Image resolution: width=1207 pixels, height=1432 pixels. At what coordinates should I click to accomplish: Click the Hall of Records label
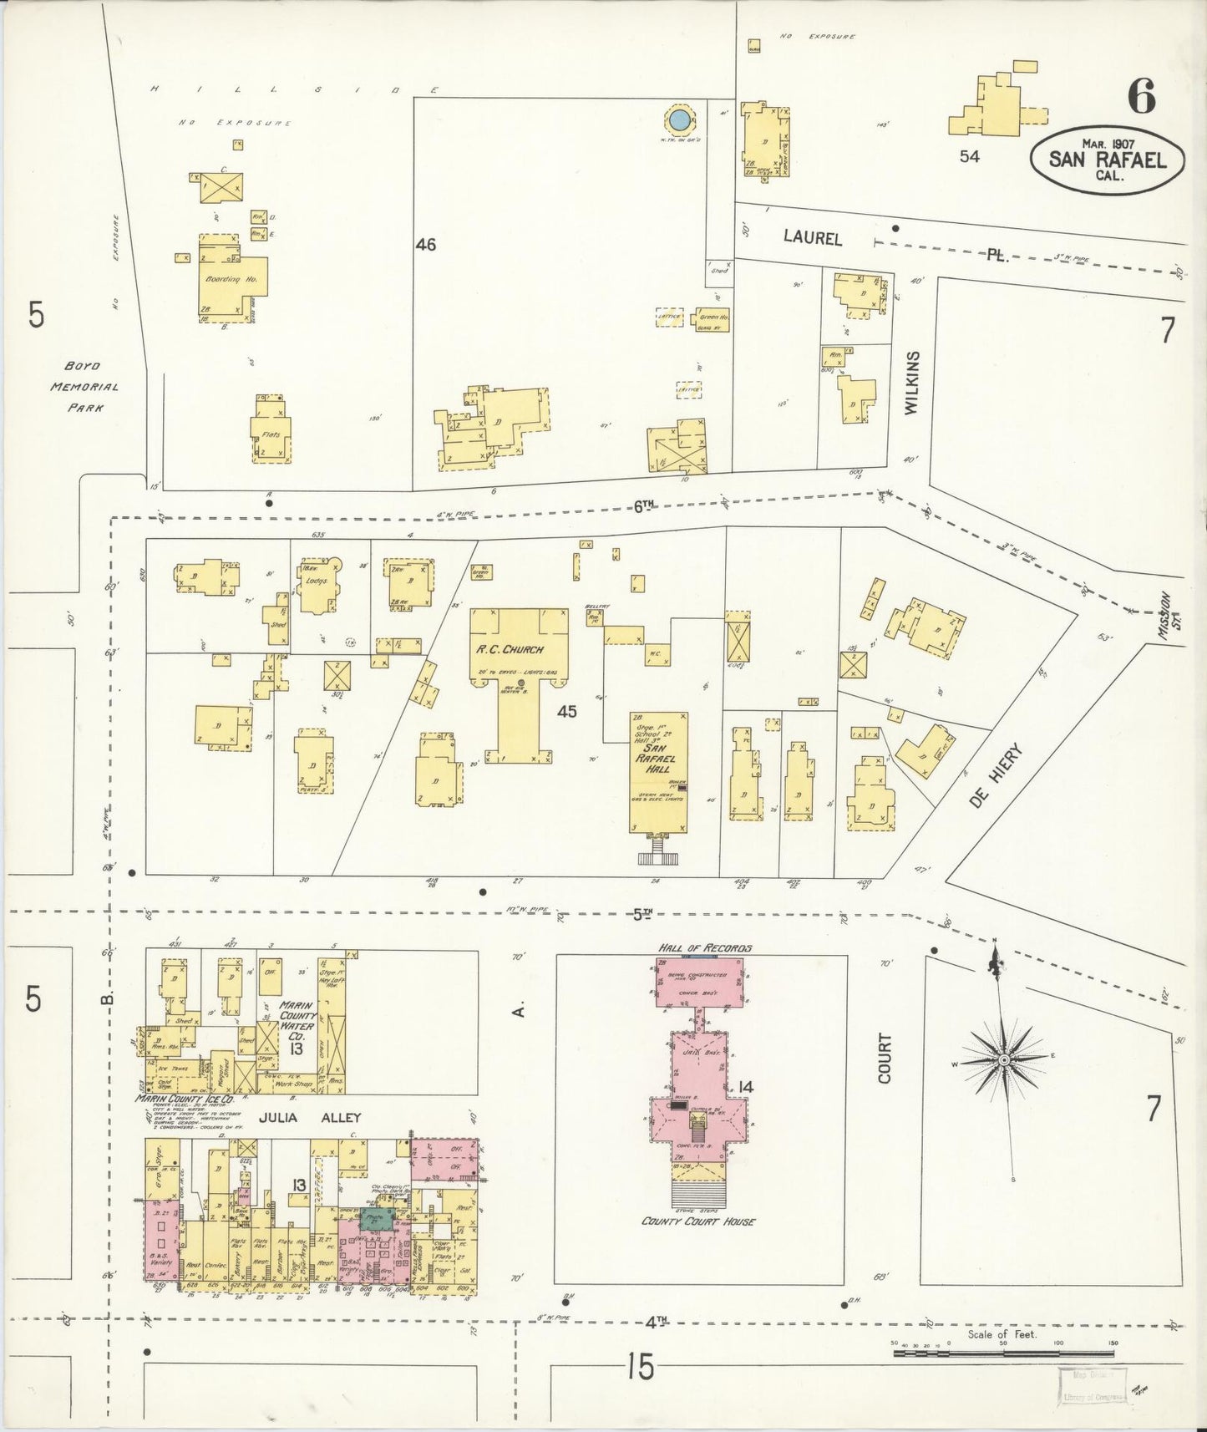(x=704, y=948)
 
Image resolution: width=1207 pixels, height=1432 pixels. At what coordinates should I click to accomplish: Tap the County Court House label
(x=698, y=1221)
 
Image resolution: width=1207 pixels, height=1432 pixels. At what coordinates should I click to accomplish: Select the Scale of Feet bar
(x=1002, y=1352)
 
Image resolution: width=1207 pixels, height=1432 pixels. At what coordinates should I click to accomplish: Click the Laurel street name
(x=812, y=238)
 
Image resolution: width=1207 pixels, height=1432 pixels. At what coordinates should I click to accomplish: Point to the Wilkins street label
(x=911, y=383)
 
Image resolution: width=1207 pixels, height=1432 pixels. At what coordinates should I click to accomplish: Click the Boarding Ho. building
(x=231, y=279)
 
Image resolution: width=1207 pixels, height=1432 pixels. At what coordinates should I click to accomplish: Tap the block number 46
(x=426, y=245)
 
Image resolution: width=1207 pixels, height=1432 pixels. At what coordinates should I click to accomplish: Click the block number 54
(x=969, y=156)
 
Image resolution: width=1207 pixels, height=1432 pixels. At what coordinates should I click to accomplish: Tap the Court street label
(x=885, y=1059)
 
